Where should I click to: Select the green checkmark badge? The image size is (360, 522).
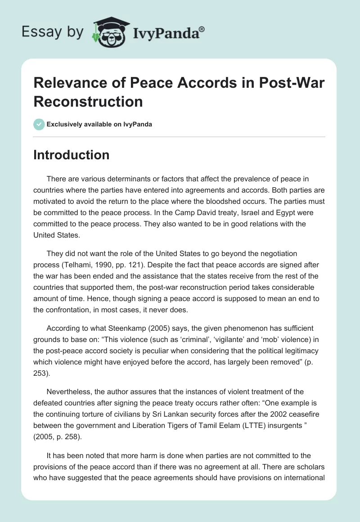click(39, 124)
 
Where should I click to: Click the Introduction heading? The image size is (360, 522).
click(72, 155)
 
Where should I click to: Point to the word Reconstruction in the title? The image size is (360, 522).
click(88, 101)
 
